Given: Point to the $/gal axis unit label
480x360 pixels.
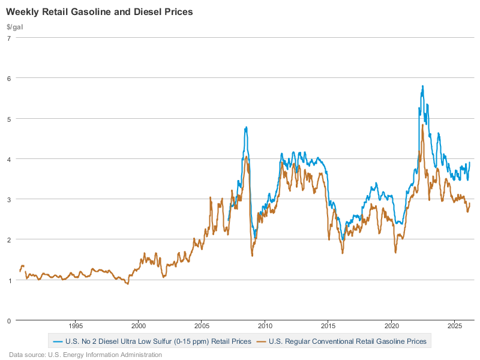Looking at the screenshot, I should pos(16,27).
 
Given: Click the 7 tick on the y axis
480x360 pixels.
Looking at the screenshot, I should pos(8,38).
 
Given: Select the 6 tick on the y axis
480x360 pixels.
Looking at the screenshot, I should pos(8,78).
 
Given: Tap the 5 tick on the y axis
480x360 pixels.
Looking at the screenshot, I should pos(8,119).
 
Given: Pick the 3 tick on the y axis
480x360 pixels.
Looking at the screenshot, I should pos(8,199).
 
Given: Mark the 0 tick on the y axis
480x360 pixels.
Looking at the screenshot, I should pos(8,320).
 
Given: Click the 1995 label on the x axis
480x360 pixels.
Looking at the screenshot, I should pos(75,327).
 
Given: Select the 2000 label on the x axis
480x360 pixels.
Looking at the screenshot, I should pos(138,327).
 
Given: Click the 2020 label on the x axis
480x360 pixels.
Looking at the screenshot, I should pos(391,327).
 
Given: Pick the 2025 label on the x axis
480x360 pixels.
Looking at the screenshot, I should pos(454,327).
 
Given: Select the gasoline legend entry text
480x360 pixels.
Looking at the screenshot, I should pos(347,341).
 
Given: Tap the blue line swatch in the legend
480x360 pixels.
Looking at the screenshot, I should pos(58,341).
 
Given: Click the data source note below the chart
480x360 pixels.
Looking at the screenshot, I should pos(85,355).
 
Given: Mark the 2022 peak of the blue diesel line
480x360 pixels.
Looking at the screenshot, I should pos(423,86).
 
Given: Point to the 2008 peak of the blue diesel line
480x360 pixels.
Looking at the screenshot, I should pos(246,127).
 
